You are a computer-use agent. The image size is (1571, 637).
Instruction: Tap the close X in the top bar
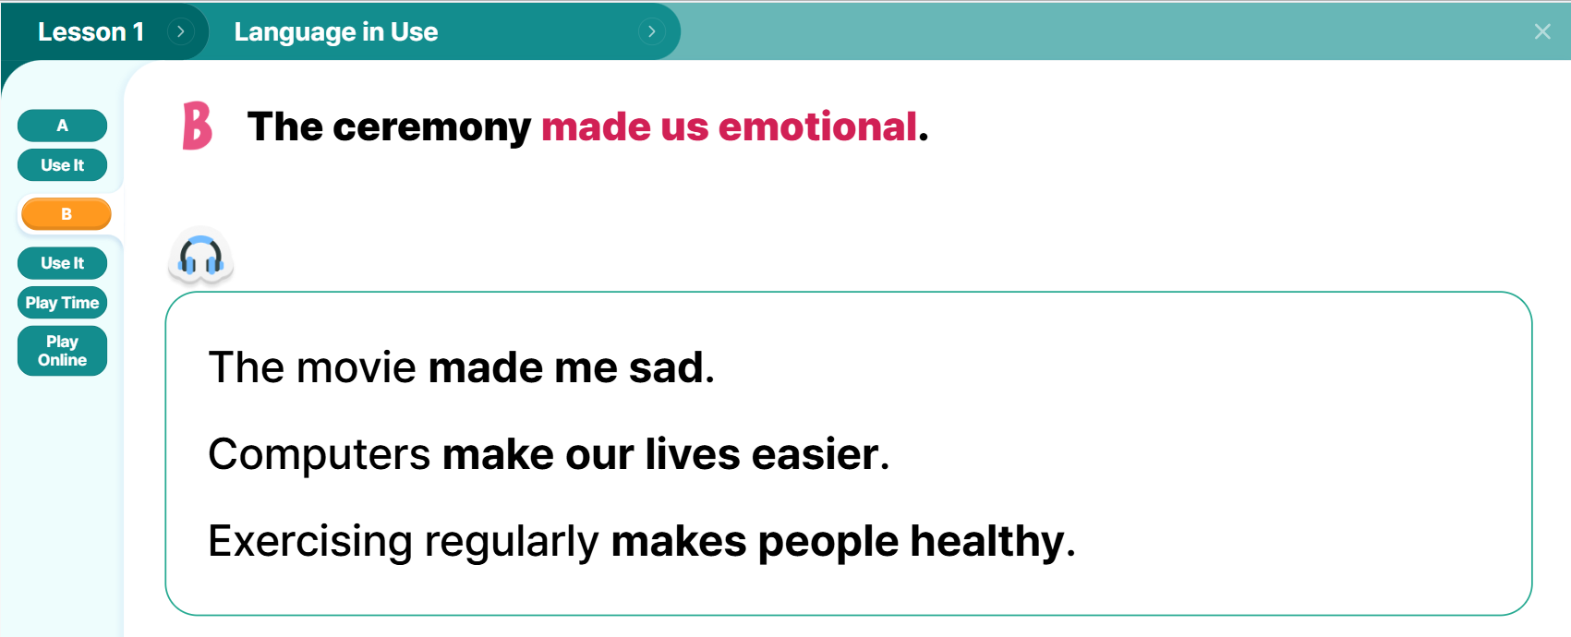coord(1542,31)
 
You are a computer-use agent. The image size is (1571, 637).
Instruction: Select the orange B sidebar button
coord(66,214)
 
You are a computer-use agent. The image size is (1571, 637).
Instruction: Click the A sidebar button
coord(63,126)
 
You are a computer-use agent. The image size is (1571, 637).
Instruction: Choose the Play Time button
coord(63,303)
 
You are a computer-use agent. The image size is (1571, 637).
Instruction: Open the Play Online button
coord(63,351)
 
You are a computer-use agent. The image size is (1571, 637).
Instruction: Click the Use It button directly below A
coord(63,165)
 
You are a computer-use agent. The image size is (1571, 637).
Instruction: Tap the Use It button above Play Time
coord(63,263)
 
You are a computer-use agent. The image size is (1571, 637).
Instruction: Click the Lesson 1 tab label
coord(91,31)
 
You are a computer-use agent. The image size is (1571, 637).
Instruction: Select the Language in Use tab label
coord(336,31)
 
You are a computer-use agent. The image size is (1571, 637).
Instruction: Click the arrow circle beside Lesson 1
coord(181,31)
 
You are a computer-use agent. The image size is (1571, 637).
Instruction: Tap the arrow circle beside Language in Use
coord(651,31)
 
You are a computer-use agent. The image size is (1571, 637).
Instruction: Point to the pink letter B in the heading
coord(197,126)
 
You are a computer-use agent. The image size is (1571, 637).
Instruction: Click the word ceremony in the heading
coord(431,127)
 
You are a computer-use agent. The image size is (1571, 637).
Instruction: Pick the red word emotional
coord(817,126)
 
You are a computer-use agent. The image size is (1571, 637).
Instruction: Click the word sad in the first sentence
coord(666,367)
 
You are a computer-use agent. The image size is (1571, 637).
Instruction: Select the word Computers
coord(320,454)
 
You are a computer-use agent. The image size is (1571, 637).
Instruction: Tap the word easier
coord(815,454)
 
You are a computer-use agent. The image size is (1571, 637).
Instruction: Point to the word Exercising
coord(310,541)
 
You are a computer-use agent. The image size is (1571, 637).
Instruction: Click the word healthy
coord(987,541)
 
